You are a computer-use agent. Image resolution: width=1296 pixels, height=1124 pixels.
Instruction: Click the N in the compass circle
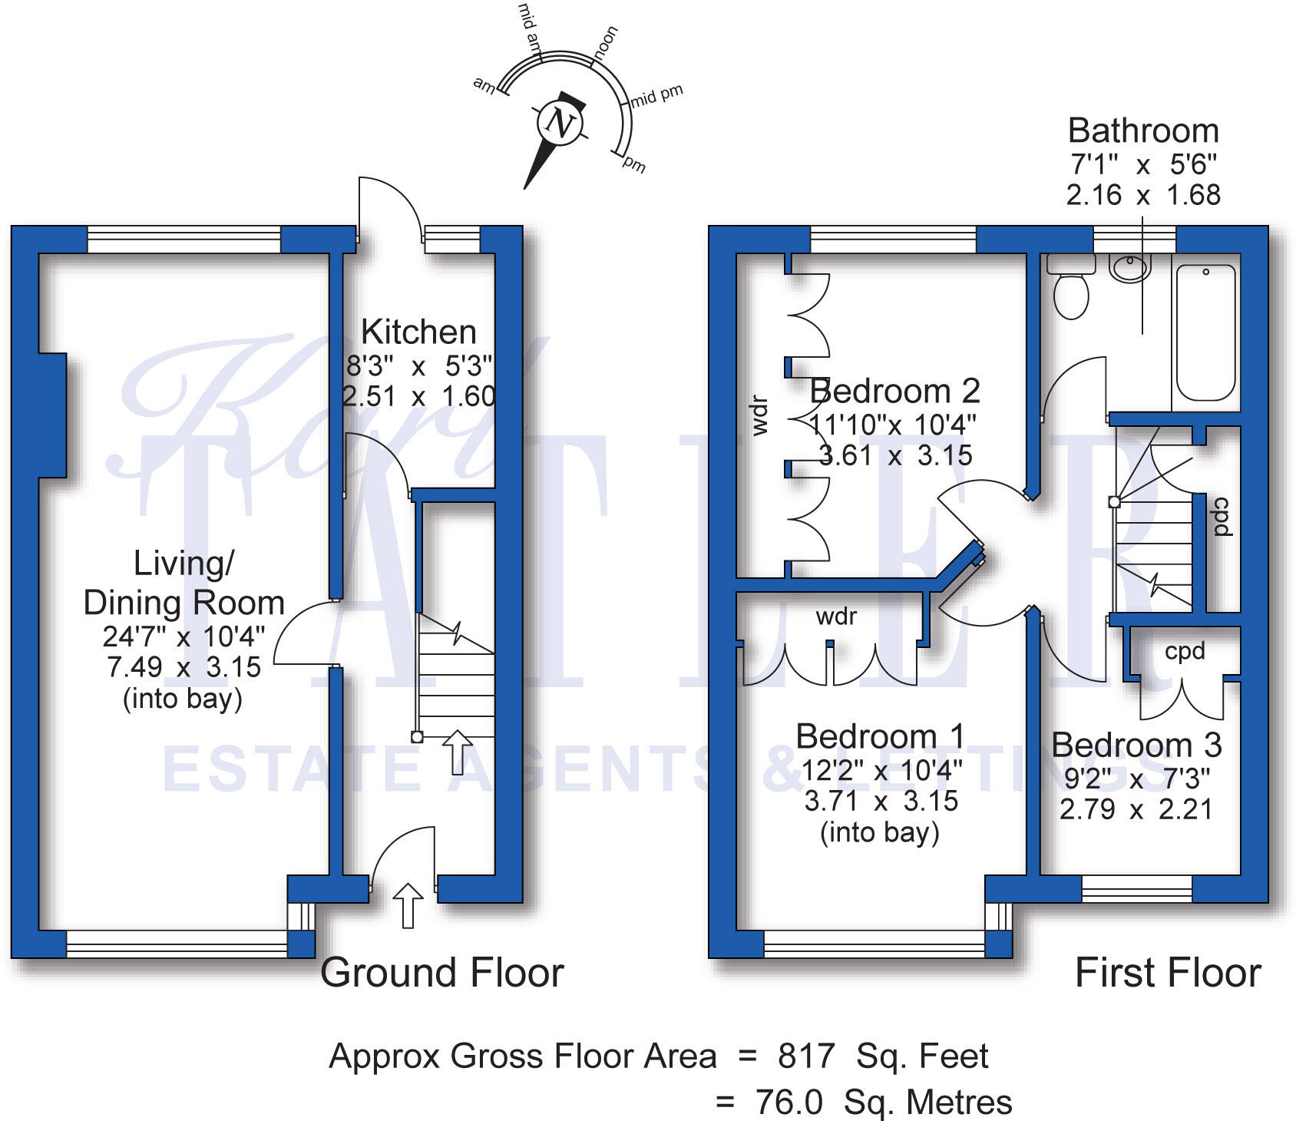pyautogui.click(x=560, y=123)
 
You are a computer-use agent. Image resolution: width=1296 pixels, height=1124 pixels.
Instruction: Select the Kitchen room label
pyautogui.click(x=418, y=332)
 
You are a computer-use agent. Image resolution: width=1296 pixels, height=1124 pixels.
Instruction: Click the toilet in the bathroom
pyautogui.click(x=1071, y=295)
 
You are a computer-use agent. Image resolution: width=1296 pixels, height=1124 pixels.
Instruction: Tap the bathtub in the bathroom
pyautogui.click(x=1205, y=332)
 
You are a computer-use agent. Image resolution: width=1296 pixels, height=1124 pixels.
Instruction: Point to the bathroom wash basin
pyautogui.click(x=1129, y=268)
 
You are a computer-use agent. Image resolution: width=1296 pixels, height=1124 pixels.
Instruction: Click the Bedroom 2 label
pyautogui.click(x=895, y=392)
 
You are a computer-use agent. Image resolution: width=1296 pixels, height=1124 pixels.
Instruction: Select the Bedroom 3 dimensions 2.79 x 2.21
pyautogui.click(x=1136, y=809)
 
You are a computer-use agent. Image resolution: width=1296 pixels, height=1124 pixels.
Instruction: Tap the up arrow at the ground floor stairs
pyautogui.click(x=458, y=752)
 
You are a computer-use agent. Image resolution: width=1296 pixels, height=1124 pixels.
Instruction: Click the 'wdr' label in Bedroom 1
pyautogui.click(x=835, y=617)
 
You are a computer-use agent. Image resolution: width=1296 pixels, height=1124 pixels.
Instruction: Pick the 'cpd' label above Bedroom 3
pyautogui.click(x=1184, y=652)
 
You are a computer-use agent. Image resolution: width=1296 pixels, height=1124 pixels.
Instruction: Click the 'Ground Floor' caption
pyautogui.click(x=441, y=973)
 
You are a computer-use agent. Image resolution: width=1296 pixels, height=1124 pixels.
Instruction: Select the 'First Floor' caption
pyautogui.click(x=1167, y=973)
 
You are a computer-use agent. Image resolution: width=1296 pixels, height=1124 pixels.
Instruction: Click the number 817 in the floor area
pyautogui.click(x=805, y=1056)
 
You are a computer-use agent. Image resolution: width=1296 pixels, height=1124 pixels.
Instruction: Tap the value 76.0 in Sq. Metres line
pyautogui.click(x=789, y=1103)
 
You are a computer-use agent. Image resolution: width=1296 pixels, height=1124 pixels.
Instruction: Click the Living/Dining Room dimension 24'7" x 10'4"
pyautogui.click(x=183, y=636)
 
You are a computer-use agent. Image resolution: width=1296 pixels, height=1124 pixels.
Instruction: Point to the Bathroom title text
pyautogui.click(x=1142, y=131)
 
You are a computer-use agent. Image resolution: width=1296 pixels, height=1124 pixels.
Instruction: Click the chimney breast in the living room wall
pyautogui.click(x=52, y=415)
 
